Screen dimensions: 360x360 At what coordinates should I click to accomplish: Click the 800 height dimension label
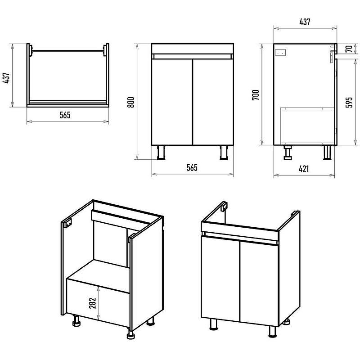130,103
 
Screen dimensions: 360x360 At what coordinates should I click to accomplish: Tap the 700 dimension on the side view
256,94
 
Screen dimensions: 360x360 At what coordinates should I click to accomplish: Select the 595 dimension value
349,102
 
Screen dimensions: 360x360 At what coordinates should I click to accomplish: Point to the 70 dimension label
349,49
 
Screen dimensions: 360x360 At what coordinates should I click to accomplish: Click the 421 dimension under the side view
304,169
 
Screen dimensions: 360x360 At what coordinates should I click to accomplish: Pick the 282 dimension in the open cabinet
92,303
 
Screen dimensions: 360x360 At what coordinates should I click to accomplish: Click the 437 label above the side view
305,22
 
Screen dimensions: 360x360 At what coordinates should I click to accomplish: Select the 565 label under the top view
65,115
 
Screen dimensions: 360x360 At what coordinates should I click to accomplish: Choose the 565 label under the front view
192,167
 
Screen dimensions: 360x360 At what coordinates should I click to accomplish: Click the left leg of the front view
161,153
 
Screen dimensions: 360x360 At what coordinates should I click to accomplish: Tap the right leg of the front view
224,153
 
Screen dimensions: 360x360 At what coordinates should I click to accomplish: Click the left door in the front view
172,102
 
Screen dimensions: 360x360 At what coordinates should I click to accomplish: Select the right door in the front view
213,102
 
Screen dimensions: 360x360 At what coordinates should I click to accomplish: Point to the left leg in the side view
288,153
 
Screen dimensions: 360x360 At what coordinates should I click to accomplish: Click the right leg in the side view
327,153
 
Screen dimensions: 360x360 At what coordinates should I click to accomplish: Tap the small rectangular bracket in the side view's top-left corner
280,53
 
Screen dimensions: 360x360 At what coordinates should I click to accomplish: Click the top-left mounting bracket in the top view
30,50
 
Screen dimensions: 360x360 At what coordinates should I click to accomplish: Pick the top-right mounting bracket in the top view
105,50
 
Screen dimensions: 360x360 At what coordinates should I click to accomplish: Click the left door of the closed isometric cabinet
220,278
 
